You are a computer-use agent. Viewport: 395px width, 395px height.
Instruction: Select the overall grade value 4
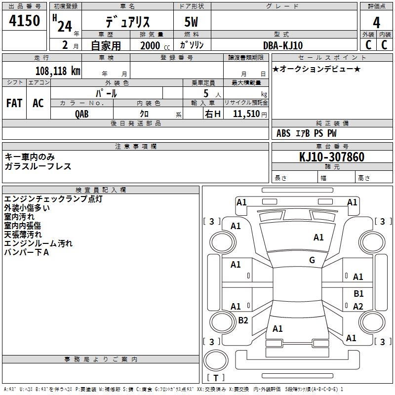(x=376, y=22)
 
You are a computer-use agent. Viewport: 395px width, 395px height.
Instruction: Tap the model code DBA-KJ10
(x=283, y=45)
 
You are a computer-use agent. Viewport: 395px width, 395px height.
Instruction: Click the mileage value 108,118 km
(x=58, y=71)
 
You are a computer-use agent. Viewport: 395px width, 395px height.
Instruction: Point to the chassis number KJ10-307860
(x=332, y=157)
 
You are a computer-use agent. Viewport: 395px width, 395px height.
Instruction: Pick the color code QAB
(x=82, y=113)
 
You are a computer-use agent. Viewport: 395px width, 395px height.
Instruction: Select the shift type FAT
(x=14, y=103)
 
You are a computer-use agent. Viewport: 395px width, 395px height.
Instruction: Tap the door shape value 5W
(x=192, y=22)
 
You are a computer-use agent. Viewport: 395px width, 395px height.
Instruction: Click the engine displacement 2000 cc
(x=153, y=46)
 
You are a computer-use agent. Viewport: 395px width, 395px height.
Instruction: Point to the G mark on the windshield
(x=312, y=260)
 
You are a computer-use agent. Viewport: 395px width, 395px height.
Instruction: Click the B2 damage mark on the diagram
(x=243, y=320)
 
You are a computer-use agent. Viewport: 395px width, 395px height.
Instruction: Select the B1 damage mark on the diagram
(x=358, y=294)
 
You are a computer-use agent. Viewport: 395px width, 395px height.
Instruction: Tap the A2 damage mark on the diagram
(x=358, y=307)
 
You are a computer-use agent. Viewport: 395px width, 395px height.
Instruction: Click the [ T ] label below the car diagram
(x=216, y=378)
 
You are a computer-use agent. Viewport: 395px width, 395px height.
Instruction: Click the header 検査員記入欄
(x=101, y=190)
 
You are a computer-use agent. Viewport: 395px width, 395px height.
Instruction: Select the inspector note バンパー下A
(x=27, y=252)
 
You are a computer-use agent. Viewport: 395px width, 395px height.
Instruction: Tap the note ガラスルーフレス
(x=38, y=166)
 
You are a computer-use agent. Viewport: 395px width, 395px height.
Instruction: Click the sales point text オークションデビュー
(x=316, y=69)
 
